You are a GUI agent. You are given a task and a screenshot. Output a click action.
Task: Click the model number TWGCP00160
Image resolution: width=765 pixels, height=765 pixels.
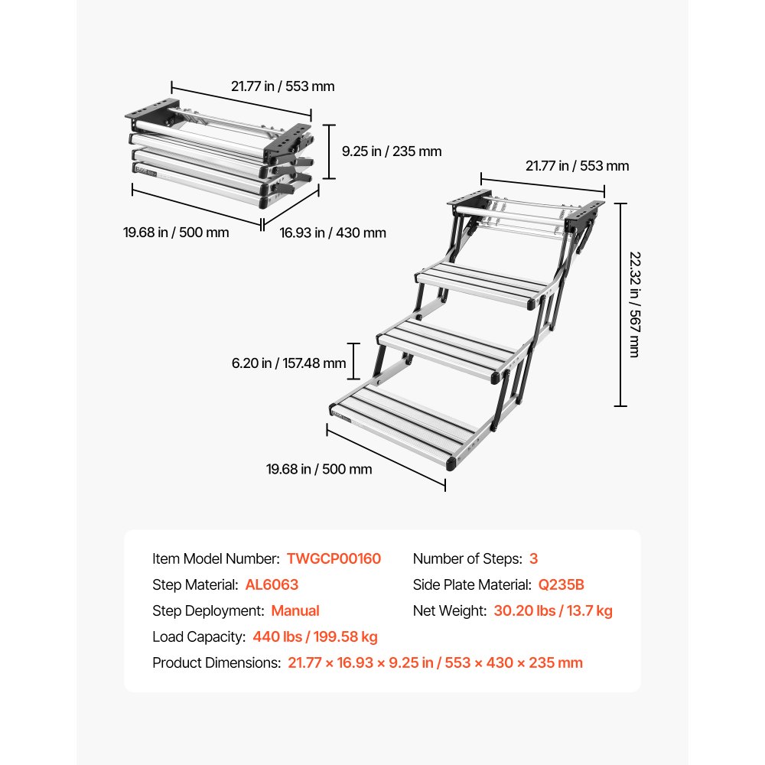click(334, 559)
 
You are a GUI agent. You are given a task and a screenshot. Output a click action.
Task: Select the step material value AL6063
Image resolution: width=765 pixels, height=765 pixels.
click(272, 585)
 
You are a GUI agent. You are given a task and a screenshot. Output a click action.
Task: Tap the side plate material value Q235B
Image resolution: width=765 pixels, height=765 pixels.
click(561, 585)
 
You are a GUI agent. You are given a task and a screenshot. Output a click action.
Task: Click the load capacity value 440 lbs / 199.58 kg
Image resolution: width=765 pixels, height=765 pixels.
click(315, 637)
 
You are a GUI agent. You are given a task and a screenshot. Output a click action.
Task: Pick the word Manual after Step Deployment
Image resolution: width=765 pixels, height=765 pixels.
click(295, 611)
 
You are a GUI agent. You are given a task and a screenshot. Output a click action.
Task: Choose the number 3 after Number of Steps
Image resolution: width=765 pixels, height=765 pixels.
click(533, 559)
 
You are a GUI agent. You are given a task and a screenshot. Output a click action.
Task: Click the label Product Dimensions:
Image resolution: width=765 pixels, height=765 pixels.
click(216, 663)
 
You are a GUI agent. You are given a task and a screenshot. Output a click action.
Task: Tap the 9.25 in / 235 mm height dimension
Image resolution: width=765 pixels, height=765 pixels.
click(391, 151)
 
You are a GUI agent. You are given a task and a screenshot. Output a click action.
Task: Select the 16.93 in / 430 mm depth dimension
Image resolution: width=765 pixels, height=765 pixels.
click(333, 233)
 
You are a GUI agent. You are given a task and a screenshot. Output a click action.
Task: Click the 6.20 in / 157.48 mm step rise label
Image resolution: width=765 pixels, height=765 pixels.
click(289, 363)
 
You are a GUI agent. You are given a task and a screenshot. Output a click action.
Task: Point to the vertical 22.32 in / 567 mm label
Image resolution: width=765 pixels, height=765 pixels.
click(633, 304)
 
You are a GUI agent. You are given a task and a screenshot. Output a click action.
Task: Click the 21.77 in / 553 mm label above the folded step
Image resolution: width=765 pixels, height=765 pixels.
click(283, 86)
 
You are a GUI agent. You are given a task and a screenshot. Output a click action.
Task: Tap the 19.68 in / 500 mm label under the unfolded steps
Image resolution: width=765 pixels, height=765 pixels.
click(319, 469)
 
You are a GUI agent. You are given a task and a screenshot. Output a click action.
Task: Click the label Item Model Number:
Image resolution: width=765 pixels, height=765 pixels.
click(216, 559)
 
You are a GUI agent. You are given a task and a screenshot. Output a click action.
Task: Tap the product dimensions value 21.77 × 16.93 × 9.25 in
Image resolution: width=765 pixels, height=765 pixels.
click(360, 663)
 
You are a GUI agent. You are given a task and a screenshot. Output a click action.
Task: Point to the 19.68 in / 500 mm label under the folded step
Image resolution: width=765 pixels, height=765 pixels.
click(176, 233)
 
